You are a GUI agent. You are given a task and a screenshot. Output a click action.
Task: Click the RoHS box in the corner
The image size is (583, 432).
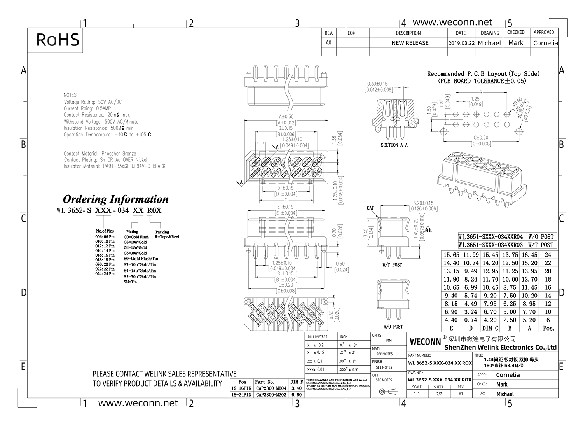[58, 40]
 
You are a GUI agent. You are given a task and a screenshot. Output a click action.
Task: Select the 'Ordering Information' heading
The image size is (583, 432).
[115, 199]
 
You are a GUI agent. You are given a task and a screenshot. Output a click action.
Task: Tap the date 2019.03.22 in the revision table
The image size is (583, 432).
[461, 43]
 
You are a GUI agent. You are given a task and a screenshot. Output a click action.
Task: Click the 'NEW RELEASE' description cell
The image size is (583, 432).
[410, 43]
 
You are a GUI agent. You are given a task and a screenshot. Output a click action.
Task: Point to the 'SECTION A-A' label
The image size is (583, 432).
[394, 145]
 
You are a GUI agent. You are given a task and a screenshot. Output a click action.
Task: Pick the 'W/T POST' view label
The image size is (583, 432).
[392, 265]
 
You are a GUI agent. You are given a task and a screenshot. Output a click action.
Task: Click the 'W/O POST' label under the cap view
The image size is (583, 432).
[393, 327]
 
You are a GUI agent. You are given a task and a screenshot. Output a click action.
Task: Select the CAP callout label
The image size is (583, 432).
[370, 208]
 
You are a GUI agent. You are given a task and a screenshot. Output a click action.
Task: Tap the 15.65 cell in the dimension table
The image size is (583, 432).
[451, 255]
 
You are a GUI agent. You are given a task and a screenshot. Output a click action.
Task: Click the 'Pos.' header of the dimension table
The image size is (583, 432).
[548, 328]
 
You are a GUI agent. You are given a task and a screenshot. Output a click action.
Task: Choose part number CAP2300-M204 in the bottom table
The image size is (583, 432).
[271, 388]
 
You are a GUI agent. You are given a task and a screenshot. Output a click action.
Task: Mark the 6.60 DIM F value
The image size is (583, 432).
[296, 395]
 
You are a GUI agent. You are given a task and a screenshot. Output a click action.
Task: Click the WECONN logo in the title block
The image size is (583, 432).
[425, 342]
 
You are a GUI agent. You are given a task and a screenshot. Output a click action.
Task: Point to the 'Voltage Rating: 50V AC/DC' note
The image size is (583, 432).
[93, 102]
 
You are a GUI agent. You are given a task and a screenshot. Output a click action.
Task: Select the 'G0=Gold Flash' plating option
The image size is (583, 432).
[136, 237]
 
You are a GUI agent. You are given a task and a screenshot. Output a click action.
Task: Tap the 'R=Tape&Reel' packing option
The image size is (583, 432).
[167, 237]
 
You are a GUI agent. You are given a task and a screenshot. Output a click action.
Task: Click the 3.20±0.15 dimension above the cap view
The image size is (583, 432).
[423, 203]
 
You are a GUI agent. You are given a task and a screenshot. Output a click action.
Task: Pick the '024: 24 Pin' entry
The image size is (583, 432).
[105, 274]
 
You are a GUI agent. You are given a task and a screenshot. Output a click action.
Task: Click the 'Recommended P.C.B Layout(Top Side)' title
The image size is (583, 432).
[483, 74]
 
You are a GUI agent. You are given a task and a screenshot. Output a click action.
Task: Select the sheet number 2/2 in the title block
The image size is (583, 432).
[439, 394]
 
